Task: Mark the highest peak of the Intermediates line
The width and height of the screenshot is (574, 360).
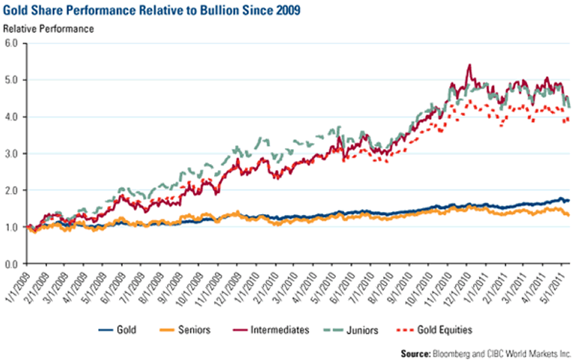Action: point(468,65)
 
